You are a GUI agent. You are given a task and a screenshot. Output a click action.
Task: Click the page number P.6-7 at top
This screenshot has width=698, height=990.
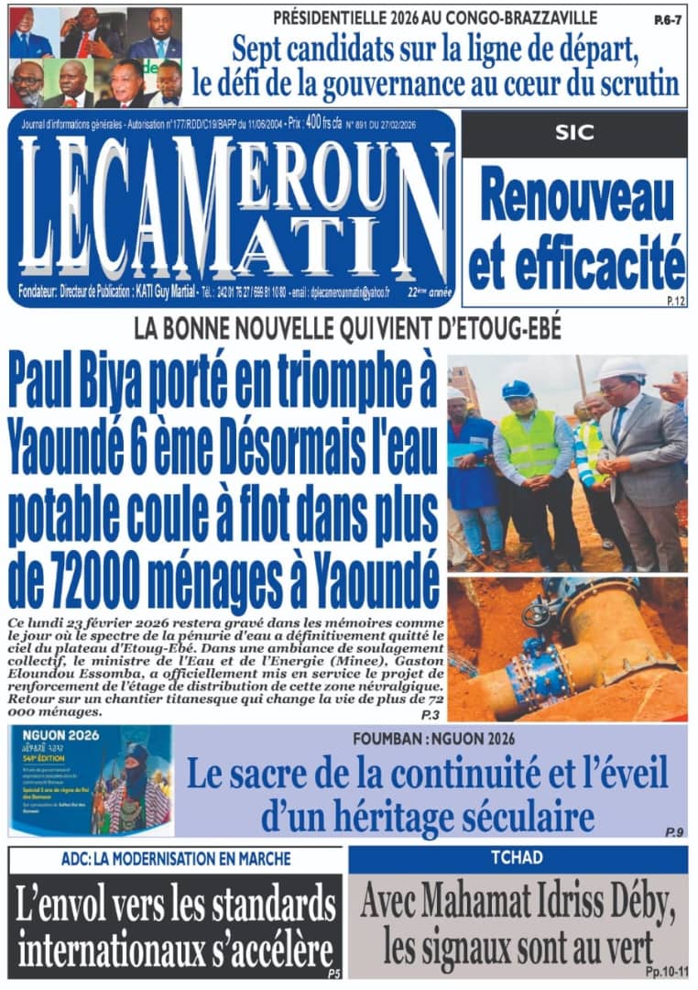668,18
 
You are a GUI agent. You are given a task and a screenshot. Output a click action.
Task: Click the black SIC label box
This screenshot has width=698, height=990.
573,133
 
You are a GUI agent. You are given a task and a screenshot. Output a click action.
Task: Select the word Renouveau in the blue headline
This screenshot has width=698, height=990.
574,201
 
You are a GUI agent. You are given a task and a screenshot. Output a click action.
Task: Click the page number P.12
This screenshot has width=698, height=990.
675,301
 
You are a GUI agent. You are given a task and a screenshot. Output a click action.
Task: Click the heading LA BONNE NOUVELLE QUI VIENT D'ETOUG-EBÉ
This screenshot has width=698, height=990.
347,328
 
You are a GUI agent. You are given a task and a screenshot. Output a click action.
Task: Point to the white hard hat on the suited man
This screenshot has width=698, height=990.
620,368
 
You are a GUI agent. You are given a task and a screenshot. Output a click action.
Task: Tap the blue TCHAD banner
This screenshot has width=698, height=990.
518,859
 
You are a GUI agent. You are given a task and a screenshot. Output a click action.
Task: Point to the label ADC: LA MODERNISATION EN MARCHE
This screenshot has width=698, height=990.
176,859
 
